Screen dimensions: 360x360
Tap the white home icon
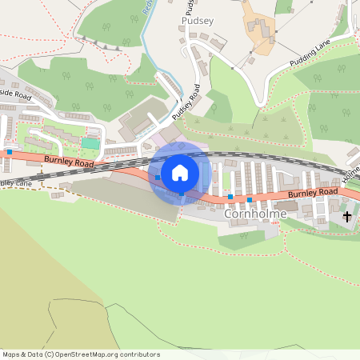click(x=180, y=173)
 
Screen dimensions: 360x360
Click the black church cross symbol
click(x=347, y=216)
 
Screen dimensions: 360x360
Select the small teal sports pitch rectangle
click(x=91, y=142)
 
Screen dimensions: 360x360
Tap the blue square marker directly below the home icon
click(x=182, y=194)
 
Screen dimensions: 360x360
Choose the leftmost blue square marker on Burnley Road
click(x=9, y=151)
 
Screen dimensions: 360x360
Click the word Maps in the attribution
click(x=11, y=354)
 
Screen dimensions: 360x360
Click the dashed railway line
click(x=240, y=156)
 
